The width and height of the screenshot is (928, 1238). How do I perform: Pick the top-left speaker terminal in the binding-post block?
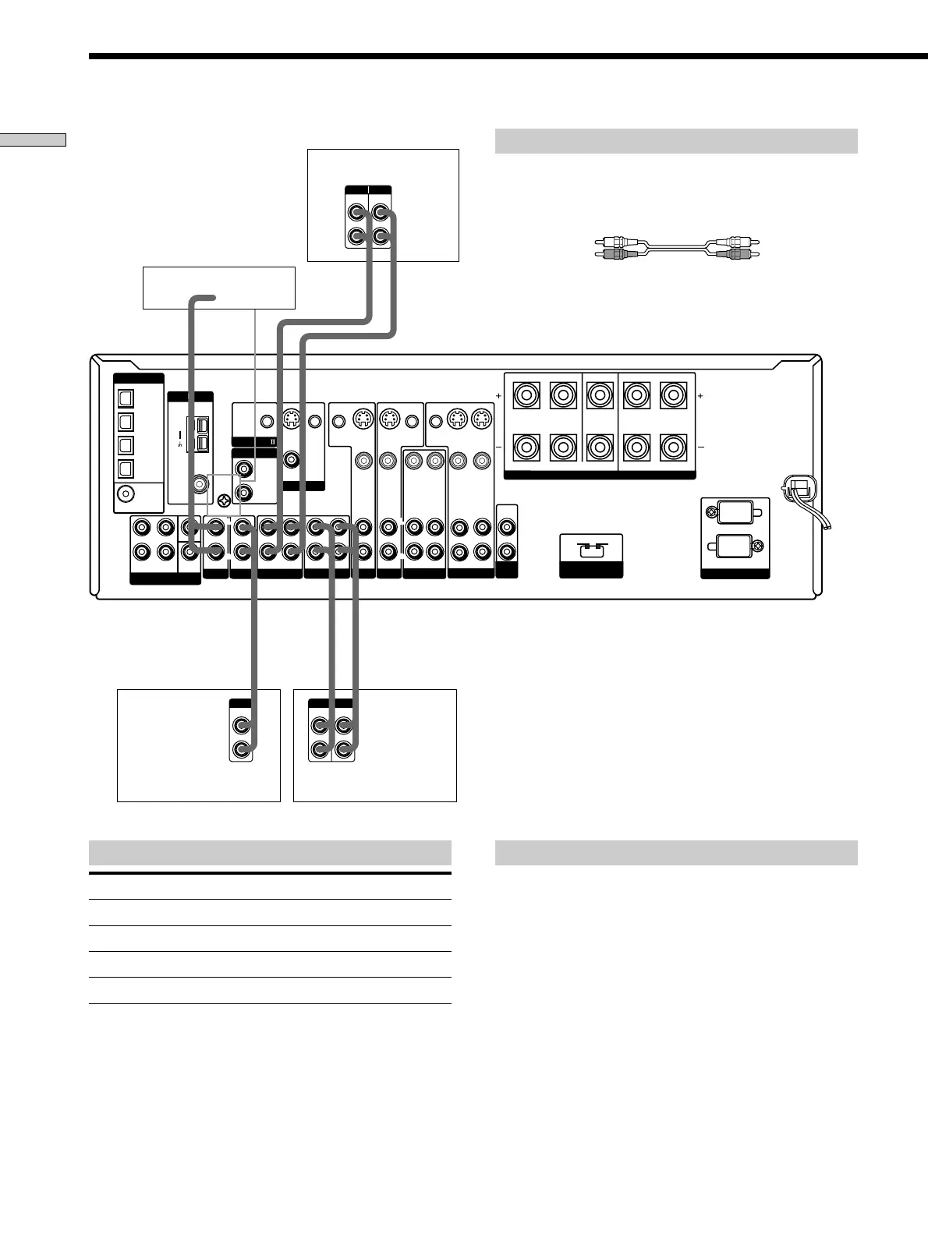coord(526,395)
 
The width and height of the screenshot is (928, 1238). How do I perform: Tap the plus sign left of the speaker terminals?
coord(498,396)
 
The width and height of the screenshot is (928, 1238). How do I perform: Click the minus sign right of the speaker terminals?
coord(700,448)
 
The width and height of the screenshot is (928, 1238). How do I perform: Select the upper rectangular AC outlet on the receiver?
coord(735,514)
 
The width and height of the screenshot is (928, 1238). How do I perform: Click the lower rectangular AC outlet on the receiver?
coord(735,547)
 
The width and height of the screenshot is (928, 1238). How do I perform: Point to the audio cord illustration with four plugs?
coord(677,248)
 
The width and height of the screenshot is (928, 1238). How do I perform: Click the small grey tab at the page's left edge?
coord(33,140)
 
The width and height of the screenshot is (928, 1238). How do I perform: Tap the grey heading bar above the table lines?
coord(270,852)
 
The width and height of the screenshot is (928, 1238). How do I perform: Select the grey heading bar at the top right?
coord(676,141)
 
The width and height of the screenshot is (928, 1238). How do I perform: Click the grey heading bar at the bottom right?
coord(676,852)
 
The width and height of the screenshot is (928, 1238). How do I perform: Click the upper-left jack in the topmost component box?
coord(357,212)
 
